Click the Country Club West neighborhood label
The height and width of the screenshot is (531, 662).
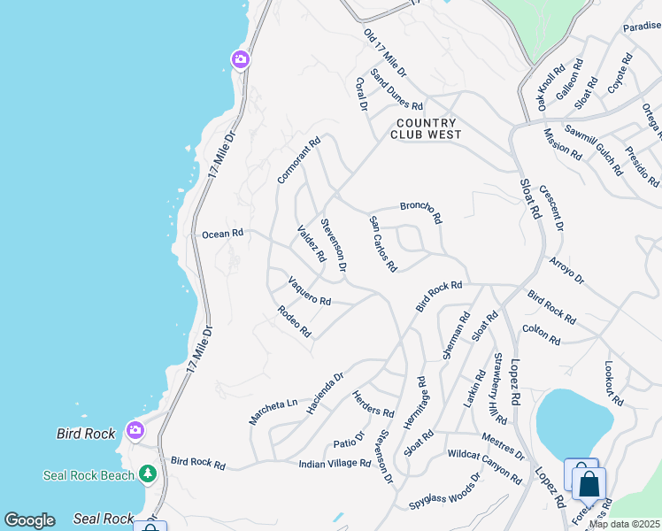pos(427,129)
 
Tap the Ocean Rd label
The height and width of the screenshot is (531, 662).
pos(222,235)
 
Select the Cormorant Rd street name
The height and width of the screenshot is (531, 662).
pos(298,160)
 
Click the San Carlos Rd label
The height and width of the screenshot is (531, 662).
pos(383,243)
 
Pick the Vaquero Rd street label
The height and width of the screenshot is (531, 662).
pos(309,292)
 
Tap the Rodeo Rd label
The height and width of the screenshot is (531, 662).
pos(294,322)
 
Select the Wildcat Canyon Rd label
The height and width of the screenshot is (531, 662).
pos(485,467)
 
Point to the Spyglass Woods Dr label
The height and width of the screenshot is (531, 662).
pos(444,492)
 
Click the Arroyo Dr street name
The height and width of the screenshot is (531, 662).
pos(566,271)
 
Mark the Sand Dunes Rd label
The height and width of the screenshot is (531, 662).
pos(396,90)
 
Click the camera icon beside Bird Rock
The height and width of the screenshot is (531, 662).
pos(135,430)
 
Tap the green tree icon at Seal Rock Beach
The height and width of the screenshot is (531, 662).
pos(147,474)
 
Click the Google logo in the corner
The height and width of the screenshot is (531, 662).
pos(29,520)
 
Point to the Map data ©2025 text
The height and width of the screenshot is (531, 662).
pos(624,524)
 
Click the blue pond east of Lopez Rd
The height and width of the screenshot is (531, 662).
pos(573,422)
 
